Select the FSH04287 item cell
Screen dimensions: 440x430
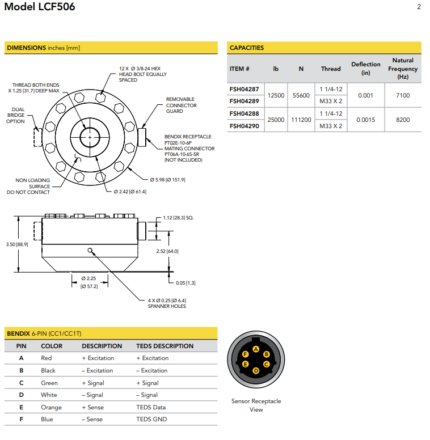(244, 89)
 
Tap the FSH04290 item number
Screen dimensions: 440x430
(244, 126)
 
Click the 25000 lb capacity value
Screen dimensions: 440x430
(276, 120)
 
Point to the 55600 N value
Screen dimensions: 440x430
(301, 95)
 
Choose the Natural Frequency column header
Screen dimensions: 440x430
(403, 69)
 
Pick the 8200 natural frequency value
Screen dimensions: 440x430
(403, 120)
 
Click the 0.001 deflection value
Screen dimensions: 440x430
(365, 95)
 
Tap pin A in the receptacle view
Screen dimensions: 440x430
(256, 349)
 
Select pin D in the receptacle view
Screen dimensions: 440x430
(256, 370)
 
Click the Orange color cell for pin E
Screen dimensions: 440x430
(51, 407)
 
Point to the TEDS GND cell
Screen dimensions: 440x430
(151, 420)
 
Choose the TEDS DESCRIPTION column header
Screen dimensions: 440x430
(165, 346)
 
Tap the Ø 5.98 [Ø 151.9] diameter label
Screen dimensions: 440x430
(167, 180)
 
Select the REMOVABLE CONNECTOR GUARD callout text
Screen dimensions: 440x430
(181, 105)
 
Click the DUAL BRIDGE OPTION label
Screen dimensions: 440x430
(15, 115)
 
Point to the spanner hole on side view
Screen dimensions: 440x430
(90, 250)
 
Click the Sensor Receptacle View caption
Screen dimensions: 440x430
(256, 405)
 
